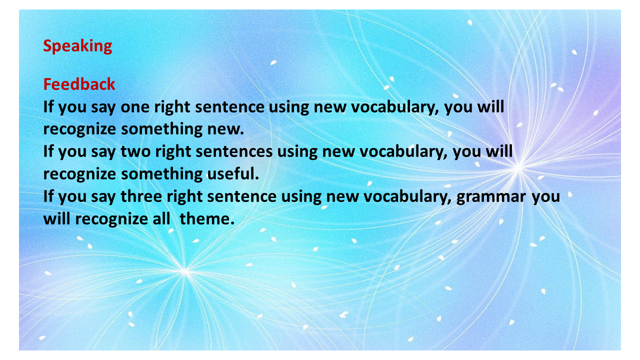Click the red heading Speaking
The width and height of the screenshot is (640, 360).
coord(77,46)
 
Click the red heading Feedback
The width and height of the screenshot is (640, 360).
coord(79,84)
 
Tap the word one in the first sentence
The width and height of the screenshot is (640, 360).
coord(135,107)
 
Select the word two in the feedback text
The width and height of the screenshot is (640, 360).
coord(135,151)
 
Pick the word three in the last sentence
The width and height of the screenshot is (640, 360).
coord(141,196)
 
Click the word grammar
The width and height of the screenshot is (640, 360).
coord(491,197)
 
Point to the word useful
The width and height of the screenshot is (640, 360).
coord(233,173)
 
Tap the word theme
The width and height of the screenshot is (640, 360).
coord(207,219)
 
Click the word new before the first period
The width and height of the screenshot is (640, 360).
coord(225,129)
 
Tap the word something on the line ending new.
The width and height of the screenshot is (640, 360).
coord(161,129)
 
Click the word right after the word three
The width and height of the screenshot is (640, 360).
coord(184,197)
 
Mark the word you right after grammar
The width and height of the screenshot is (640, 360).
coord(545,197)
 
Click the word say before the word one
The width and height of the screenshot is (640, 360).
coord(103,108)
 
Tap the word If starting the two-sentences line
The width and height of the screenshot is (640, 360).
coord(48,151)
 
